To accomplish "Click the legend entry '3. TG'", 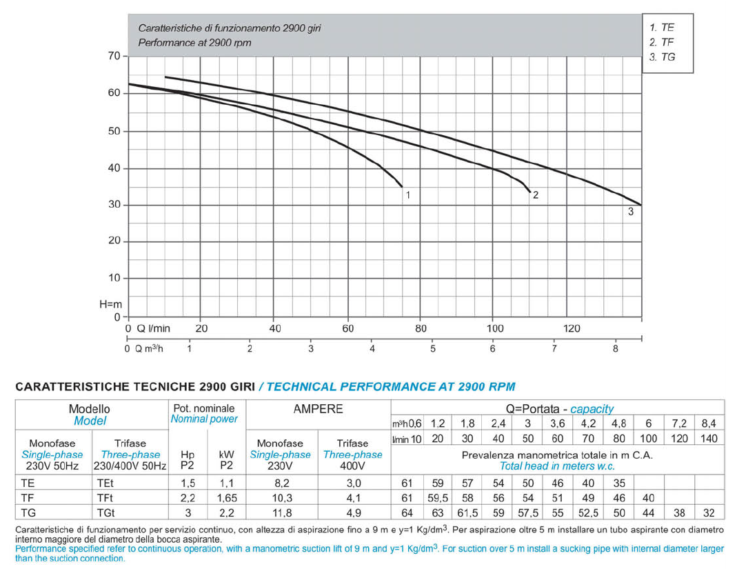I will [662, 57].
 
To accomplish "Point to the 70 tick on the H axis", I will [114, 56].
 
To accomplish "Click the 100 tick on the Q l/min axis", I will [495, 328].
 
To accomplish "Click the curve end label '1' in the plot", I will [408, 195].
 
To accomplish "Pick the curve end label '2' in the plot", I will [536, 195].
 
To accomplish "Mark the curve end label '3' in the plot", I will [630, 212].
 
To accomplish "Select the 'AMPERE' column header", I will [318, 409].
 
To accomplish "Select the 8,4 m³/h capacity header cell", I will [709, 423].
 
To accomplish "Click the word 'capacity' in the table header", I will [592, 409].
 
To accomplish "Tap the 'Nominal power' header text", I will [204, 419].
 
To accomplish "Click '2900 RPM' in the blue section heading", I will [482, 387].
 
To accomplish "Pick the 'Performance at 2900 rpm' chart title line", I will [194, 43].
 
